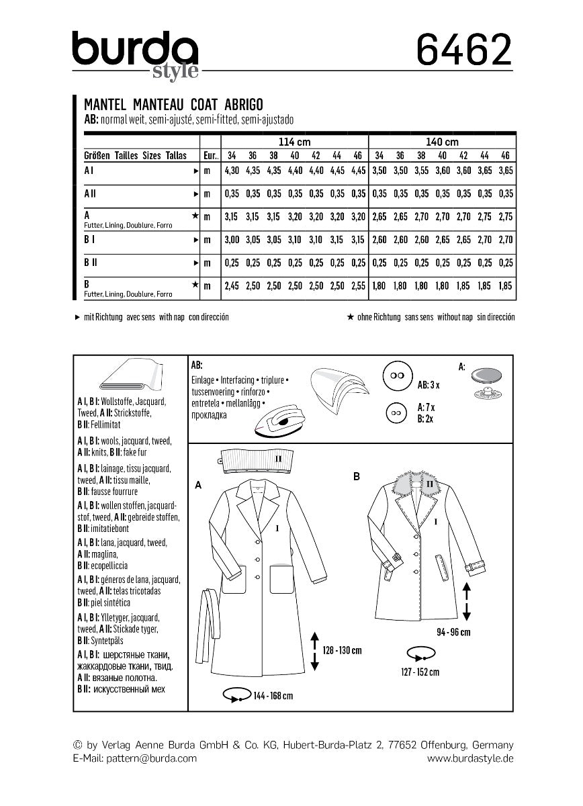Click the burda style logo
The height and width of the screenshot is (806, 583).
[x=135, y=54]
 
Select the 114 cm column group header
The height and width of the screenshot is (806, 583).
[x=294, y=142]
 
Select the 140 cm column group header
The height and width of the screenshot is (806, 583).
[x=443, y=142]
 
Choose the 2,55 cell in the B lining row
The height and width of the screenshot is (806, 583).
[x=359, y=285]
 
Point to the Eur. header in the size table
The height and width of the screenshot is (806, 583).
[x=210, y=154]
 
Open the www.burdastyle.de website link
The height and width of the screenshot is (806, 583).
[x=470, y=758]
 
